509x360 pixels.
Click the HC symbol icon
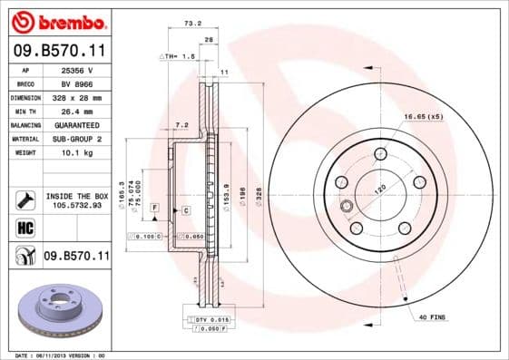[x=24, y=228]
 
